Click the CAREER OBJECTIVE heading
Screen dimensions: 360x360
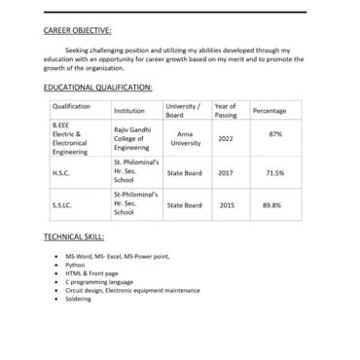click(78, 31)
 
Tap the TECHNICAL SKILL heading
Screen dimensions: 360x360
click(74, 236)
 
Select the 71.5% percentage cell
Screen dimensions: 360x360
click(274, 172)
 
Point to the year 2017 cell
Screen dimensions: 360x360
click(226, 172)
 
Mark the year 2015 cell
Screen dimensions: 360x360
click(226, 205)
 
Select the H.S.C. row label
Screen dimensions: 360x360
click(61, 172)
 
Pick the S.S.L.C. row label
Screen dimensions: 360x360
click(62, 205)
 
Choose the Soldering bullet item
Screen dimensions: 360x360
click(79, 299)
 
